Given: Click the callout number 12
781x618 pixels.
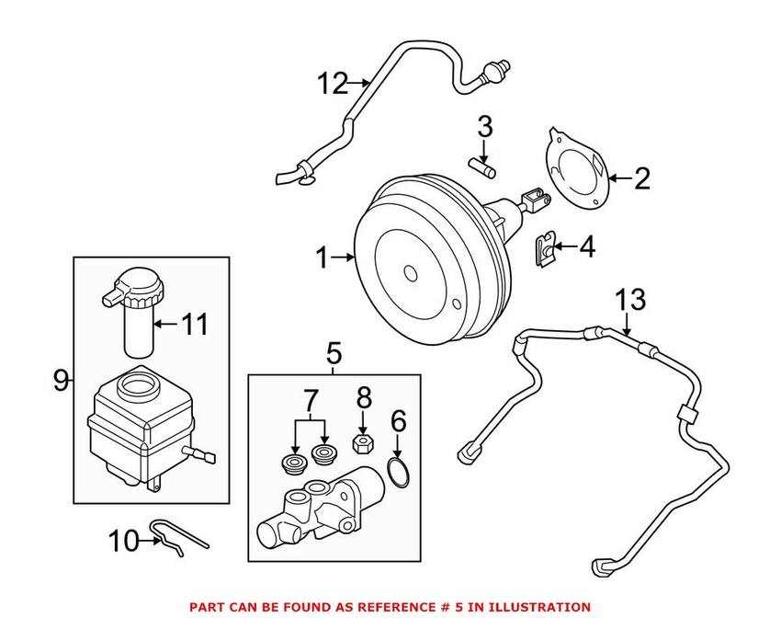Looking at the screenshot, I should click(334, 85).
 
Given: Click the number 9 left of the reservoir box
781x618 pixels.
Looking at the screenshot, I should click(61, 380).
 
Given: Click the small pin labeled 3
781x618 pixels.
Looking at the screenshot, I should click(485, 166).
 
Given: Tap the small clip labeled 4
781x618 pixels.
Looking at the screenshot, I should click(544, 247).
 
